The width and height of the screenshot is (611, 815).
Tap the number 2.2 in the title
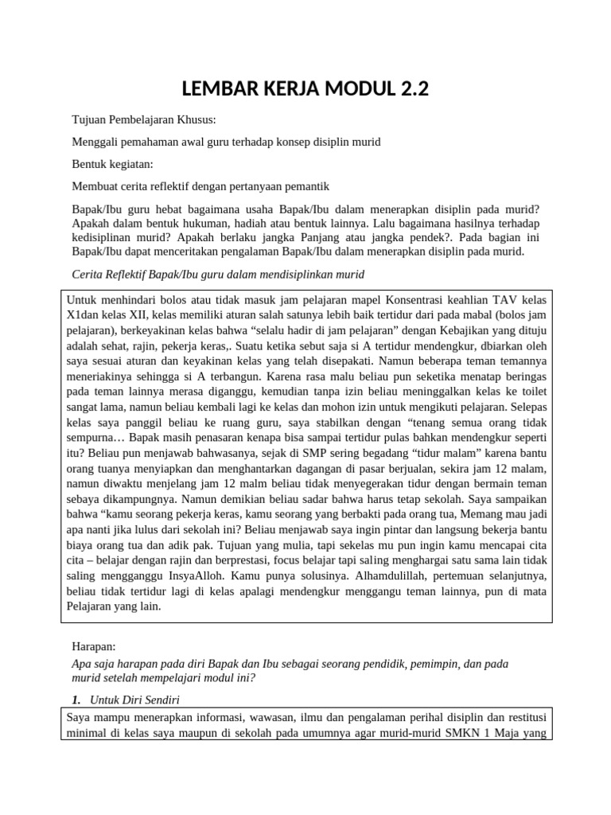point(409,88)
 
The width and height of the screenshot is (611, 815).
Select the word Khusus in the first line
point(195,120)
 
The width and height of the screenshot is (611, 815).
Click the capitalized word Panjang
point(372,237)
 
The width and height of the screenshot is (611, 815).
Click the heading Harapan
point(94,648)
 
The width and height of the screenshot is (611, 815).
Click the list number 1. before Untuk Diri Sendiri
point(76,700)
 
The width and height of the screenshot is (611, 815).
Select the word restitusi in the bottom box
point(522,715)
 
